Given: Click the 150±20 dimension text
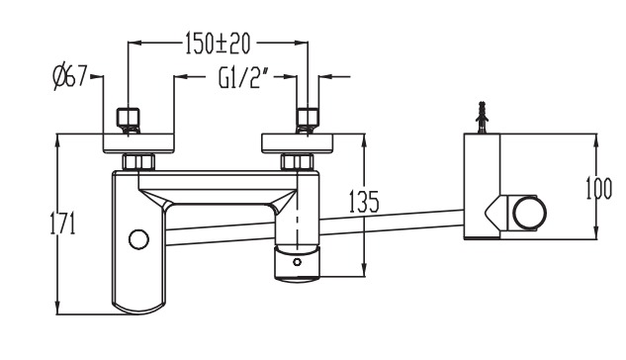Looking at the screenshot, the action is pyautogui.click(x=218, y=44).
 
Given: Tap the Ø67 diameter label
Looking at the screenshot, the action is pyautogui.click(x=70, y=76).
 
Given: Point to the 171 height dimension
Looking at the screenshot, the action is pyautogui.click(x=62, y=224).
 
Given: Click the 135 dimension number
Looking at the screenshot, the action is pyautogui.click(x=364, y=202).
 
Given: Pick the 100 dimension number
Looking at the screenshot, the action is pyautogui.click(x=598, y=188).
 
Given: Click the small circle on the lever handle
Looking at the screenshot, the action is pyautogui.click(x=138, y=239).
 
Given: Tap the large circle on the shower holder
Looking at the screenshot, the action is pyautogui.click(x=529, y=213).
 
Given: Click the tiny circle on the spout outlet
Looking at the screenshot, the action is pyautogui.click(x=297, y=262).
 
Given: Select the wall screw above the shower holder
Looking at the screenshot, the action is pyautogui.click(x=483, y=117).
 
